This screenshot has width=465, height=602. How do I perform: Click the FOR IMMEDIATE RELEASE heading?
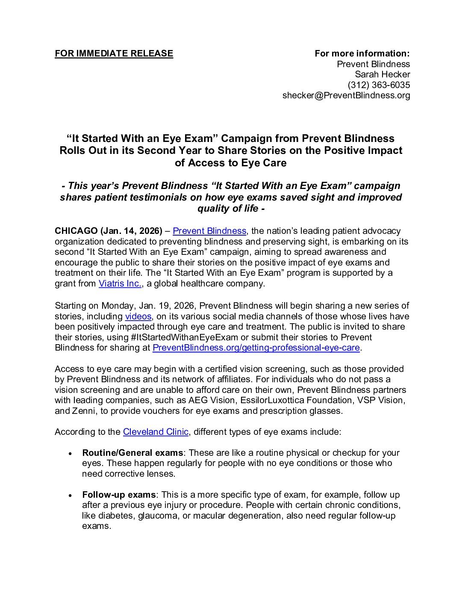pos(114,53)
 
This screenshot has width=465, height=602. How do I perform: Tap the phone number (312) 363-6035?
pos(379,85)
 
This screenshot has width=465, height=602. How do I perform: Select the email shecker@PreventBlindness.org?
pos(346,95)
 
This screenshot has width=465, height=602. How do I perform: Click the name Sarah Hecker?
pos(383,74)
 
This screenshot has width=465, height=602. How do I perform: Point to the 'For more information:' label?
pos(362,53)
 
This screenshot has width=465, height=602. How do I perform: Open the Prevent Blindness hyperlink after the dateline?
pos(209,231)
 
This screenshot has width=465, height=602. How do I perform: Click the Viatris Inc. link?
pos(120,283)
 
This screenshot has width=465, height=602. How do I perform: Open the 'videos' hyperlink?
pos(138,316)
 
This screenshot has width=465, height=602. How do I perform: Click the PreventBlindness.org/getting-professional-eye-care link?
pos(256,348)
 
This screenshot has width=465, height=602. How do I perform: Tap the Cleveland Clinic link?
pos(156,432)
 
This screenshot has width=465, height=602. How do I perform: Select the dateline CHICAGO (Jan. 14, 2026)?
pos(109,231)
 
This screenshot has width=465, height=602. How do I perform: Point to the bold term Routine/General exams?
pos(132,453)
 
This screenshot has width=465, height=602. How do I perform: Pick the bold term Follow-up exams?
pos(119,495)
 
